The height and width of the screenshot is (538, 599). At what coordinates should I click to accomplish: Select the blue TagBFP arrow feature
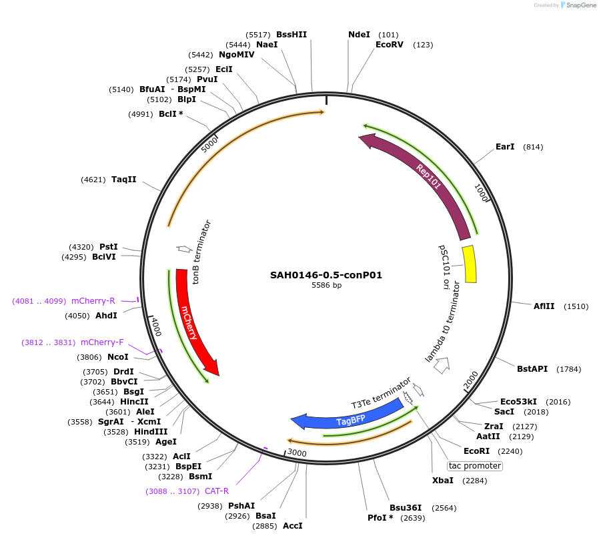point(350,420)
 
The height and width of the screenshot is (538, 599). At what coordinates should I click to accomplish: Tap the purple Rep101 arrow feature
point(427,178)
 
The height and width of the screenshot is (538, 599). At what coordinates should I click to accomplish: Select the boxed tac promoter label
point(475,466)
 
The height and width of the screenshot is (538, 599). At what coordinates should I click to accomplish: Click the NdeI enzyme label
point(359,35)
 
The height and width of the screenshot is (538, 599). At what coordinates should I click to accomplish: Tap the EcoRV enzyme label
point(390,45)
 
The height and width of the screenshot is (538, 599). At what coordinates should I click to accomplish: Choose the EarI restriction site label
point(505,147)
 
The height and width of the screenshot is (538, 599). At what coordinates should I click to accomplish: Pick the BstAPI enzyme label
point(532,368)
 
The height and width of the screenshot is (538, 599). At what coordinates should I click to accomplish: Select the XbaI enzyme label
point(442,481)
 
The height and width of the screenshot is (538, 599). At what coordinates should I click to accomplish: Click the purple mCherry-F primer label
point(102,342)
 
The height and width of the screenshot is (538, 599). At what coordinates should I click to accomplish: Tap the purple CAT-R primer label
point(216,491)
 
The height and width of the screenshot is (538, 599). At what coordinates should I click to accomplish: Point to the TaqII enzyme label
point(124,180)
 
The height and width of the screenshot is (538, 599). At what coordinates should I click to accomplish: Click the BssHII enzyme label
point(291,35)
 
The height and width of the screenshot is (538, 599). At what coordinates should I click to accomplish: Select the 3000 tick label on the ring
point(296,453)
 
